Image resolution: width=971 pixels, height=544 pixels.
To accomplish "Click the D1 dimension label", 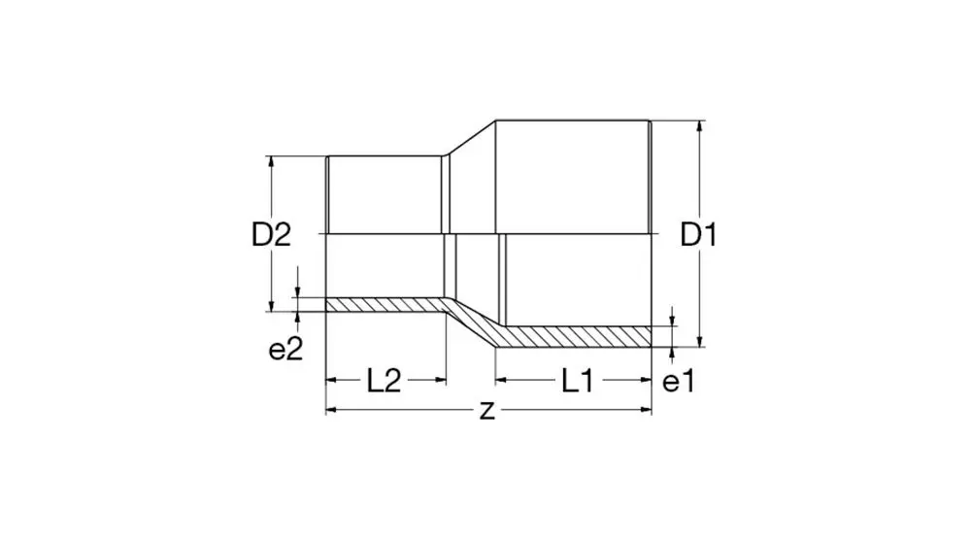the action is click(698, 235).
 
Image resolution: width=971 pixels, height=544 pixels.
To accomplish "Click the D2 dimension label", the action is click(271, 235).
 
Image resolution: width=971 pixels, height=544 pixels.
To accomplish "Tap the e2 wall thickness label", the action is click(285, 351).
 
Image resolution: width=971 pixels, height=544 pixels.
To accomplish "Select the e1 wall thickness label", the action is click(679, 382).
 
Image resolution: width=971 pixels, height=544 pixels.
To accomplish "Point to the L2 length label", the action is click(384, 381).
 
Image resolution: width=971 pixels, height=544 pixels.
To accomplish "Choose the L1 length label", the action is click(578, 381).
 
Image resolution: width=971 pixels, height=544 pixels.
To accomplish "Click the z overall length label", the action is click(487, 410).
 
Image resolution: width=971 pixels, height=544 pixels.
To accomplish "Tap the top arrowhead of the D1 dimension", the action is click(700, 125).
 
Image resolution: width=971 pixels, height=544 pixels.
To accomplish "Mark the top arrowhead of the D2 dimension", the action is click(271, 161).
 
